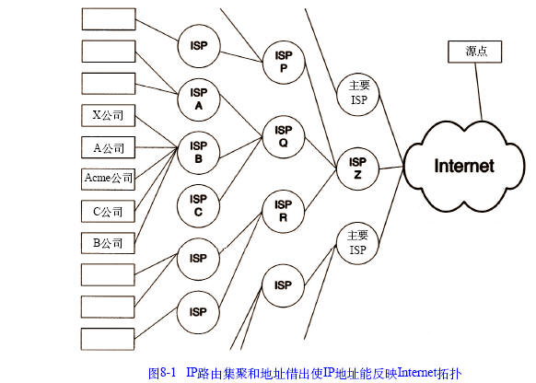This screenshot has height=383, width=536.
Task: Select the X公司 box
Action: click(x=109, y=115)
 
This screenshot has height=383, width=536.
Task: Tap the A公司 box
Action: click(x=109, y=147)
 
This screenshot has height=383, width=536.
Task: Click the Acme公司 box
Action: click(x=109, y=179)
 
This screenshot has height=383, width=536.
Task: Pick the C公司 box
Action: click(x=108, y=212)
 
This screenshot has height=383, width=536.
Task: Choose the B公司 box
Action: click(x=108, y=243)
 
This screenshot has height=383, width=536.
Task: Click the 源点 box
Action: click(x=475, y=52)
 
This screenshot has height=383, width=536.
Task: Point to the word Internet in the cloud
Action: click(x=464, y=166)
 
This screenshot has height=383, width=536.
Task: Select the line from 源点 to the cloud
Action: click(x=479, y=91)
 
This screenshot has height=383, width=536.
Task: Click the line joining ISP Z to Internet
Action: click(x=391, y=168)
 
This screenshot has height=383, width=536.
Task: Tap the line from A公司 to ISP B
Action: click(x=157, y=147)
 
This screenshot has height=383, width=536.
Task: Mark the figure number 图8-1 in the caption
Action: click(x=162, y=372)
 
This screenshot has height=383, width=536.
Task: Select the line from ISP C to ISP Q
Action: click(x=240, y=168)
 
